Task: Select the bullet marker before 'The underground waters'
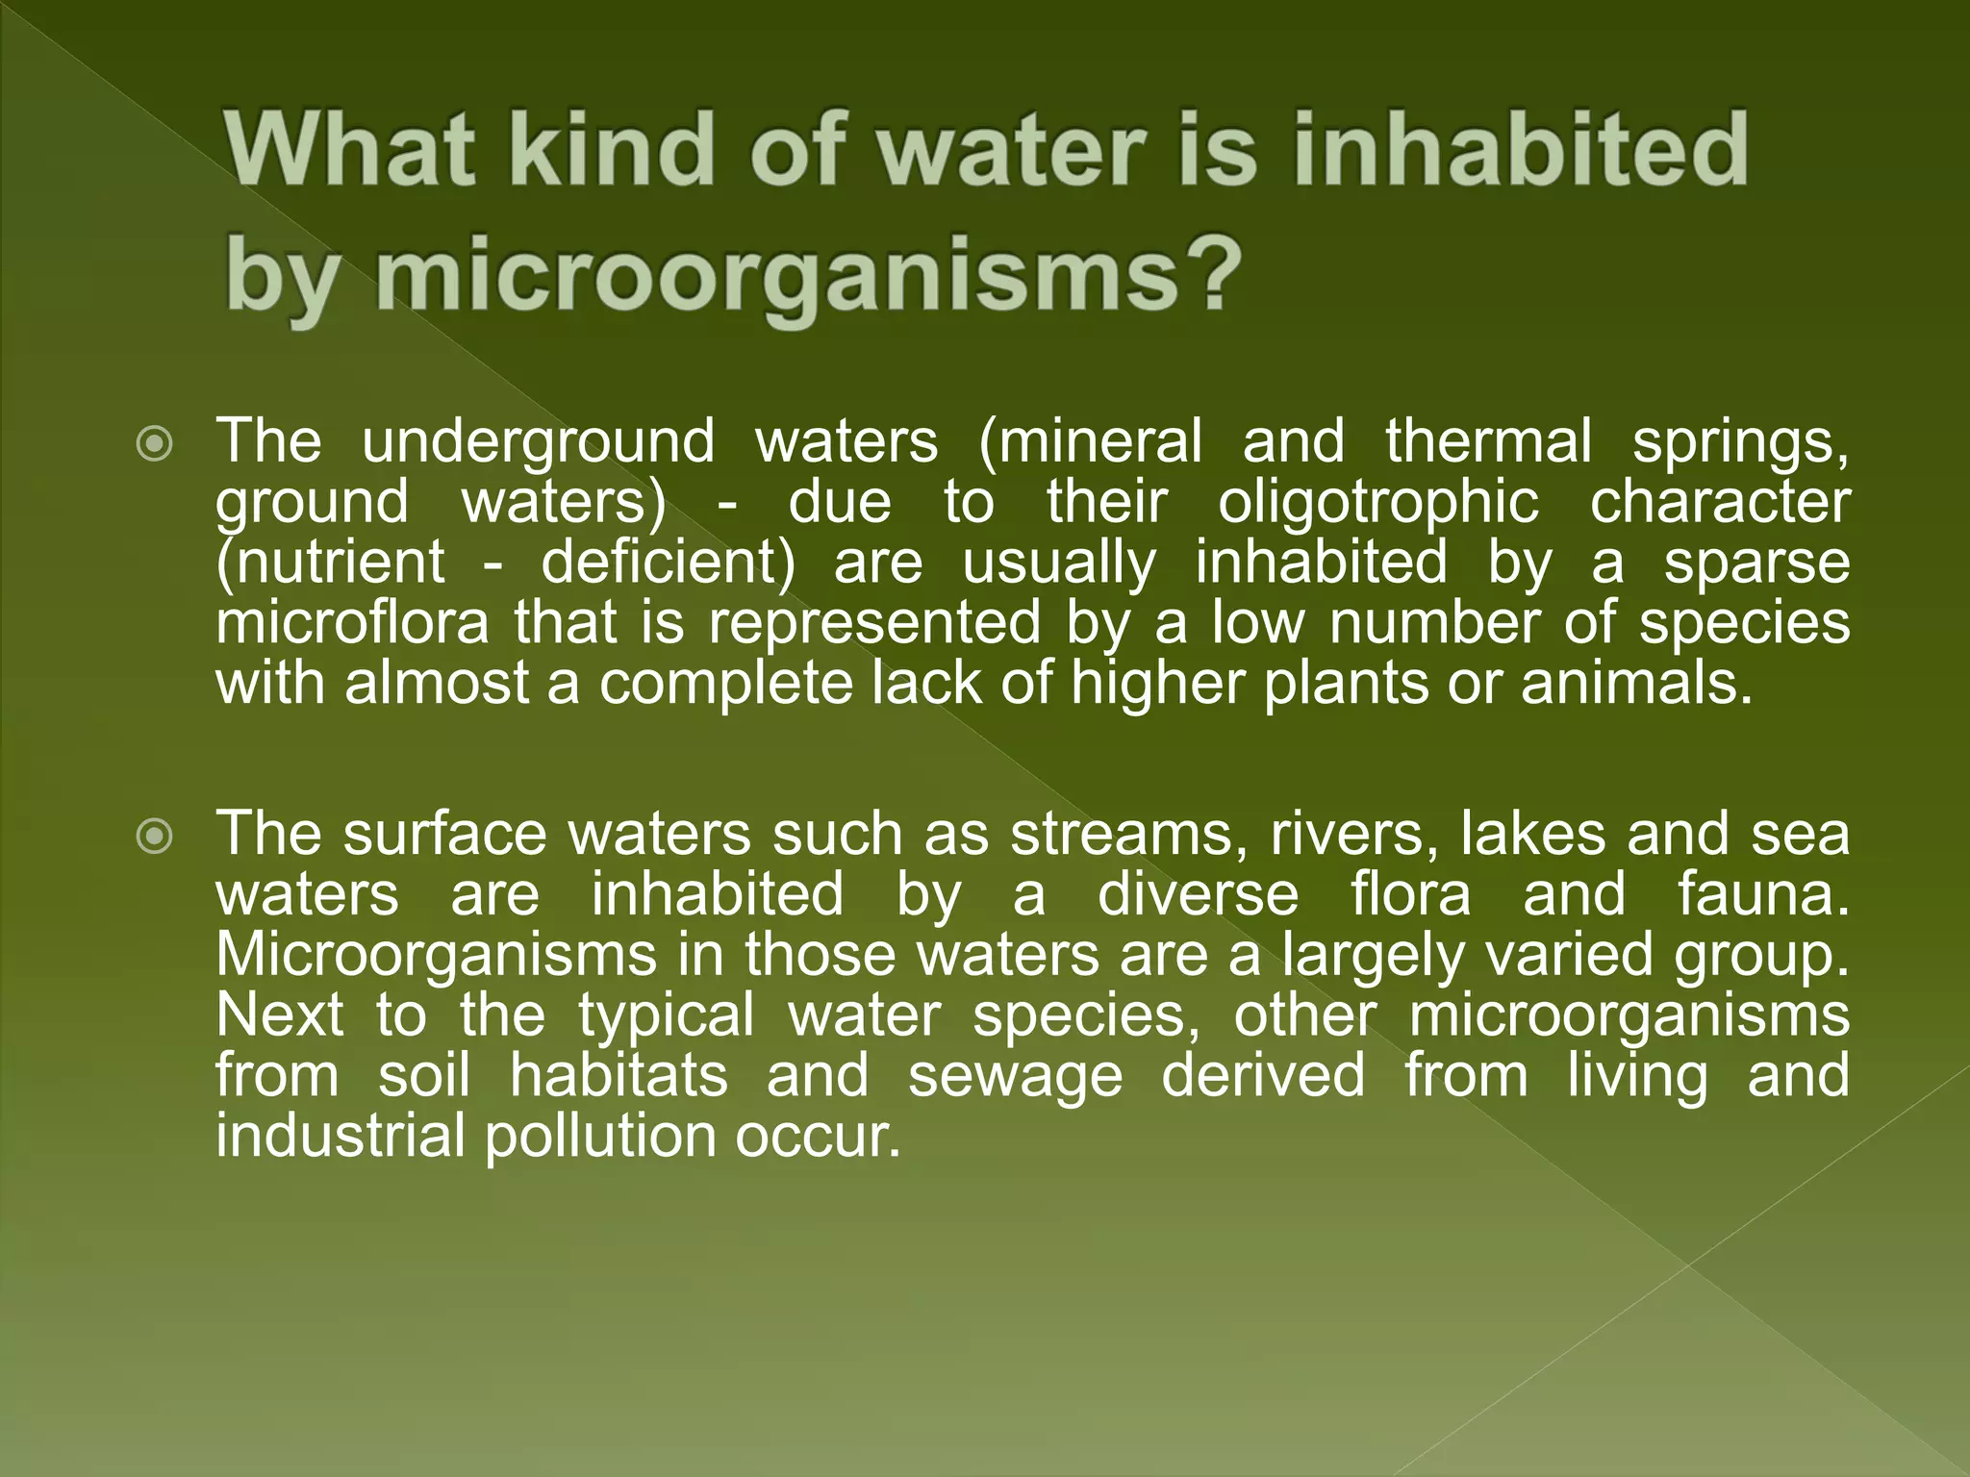(x=155, y=445)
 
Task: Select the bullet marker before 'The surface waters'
(x=155, y=837)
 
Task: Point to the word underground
(x=539, y=442)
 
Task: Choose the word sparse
(x=1756, y=563)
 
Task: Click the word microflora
(x=352, y=623)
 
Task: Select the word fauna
(x=1762, y=894)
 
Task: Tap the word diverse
(x=1198, y=894)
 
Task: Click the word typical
(x=667, y=1015)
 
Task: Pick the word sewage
(x=1015, y=1076)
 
